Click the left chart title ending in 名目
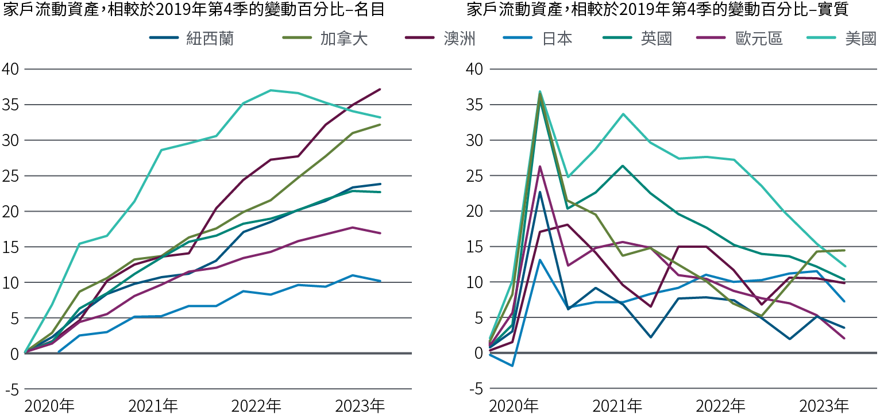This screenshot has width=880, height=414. pyautogui.click(x=194, y=10)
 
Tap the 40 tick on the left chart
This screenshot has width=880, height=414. pyautogui.click(x=11, y=70)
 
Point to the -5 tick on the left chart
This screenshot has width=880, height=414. pyautogui.click(x=11, y=389)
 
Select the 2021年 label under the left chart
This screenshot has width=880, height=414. pyautogui.click(x=153, y=406)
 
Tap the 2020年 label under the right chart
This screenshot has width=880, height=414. pyautogui.click(x=514, y=406)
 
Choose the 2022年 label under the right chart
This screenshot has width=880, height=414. pyautogui.click(x=720, y=406)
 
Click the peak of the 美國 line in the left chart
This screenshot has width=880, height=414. pyautogui.click(x=270, y=90)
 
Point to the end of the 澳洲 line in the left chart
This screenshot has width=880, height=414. pyautogui.click(x=380, y=89)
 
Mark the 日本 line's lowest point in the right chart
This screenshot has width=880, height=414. pyautogui.click(x=511, y=365)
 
